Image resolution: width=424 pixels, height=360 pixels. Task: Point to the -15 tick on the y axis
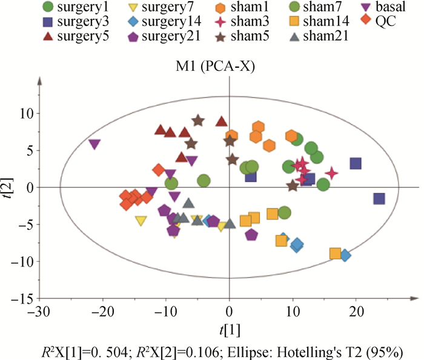click(22, 299)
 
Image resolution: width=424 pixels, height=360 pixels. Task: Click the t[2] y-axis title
click(7, 187)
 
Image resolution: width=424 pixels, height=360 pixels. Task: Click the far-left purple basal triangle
click(94, 144)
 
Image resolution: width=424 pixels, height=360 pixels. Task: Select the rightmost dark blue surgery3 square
click(379, 199)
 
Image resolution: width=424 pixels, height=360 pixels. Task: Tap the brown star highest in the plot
click(197, 121)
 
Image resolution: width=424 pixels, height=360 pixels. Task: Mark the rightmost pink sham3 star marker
click(331, 173)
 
